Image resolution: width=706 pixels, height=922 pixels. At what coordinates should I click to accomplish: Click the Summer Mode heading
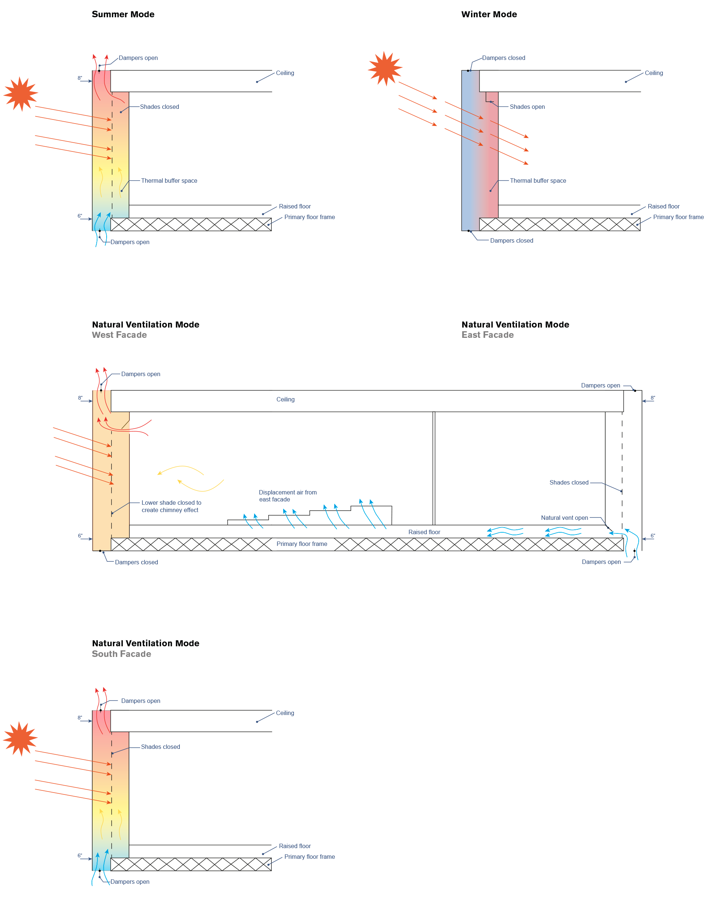123,14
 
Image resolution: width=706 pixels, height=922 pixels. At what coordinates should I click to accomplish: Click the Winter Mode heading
489,14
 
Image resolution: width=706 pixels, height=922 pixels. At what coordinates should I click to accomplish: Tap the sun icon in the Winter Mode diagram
385,68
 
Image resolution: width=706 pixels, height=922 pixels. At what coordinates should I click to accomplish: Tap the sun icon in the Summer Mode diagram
21,94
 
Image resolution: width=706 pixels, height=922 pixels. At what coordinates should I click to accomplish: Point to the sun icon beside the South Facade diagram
20,739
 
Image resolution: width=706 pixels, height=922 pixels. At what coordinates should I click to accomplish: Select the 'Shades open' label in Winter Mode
527,107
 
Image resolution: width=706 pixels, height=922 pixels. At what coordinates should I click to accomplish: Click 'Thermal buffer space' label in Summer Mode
169,181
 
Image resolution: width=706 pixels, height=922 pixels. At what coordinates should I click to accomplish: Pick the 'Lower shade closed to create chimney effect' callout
171,506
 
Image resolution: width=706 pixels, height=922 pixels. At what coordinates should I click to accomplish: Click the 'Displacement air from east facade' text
288,496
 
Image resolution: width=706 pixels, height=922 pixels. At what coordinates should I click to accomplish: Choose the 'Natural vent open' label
564,518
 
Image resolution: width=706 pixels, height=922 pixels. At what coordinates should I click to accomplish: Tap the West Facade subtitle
120,335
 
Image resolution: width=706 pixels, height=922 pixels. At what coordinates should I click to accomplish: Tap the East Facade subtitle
488,335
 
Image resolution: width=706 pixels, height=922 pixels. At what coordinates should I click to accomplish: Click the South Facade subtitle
121,654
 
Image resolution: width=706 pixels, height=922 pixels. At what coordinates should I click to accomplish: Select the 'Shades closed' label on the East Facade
568,483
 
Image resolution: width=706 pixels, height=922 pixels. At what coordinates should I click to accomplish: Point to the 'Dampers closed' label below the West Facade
136,562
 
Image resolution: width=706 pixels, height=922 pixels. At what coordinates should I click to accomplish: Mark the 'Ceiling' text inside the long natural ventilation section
285,400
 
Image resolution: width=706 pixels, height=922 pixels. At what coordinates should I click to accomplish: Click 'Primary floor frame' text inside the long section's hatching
302,544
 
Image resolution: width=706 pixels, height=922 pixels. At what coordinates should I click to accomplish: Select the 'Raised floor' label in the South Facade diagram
295,846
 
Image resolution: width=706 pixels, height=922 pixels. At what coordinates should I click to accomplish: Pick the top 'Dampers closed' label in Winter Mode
503,58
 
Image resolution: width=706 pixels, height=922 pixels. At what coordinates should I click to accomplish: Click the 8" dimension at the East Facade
653,398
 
